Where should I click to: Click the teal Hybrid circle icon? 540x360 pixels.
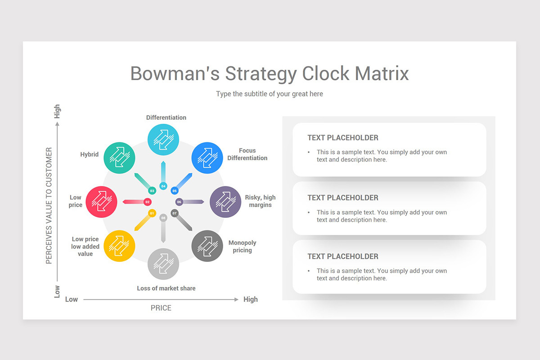point(119,157)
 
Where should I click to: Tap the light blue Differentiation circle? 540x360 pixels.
point(163,139)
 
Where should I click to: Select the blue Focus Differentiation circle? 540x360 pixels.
point(207,157)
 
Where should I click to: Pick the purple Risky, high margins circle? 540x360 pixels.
point(225,202)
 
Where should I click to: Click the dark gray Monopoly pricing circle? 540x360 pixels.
point(207,246)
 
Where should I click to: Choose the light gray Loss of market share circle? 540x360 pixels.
point(163,264)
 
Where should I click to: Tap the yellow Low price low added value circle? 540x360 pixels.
point(119,246)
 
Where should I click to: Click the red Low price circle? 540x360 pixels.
point(101,202)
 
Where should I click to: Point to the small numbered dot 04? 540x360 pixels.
point(163,186)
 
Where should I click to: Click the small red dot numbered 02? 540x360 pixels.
point(148,202)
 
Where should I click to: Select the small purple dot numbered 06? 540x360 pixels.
point(179,202)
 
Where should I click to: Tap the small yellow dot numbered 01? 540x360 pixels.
point(152,213)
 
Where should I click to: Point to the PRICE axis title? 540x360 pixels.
point(161,308)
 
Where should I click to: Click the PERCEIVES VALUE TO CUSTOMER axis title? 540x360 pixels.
point(49,206)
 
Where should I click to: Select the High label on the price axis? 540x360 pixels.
point(250,299)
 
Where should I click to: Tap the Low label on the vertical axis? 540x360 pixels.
point(57,291)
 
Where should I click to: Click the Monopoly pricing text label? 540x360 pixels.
point(242,246)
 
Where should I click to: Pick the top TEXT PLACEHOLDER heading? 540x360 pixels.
point(343,138)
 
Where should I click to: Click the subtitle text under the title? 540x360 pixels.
point(270,94)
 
